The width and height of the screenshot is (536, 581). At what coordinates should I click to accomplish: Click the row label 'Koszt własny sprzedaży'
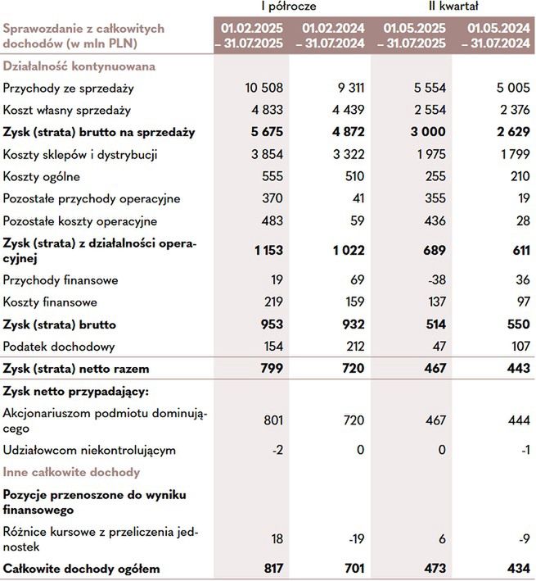coord(66,110)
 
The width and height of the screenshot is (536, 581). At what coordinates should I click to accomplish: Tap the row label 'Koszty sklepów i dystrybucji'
coord(80,154)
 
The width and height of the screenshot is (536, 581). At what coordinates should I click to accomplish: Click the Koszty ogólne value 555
coord(271,176)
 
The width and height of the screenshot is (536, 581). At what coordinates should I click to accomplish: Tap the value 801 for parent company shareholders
coord(271,420)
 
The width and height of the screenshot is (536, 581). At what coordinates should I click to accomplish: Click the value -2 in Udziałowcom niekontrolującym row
coord(276,450)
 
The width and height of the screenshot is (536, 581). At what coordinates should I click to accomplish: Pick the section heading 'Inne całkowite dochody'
coord(71,472)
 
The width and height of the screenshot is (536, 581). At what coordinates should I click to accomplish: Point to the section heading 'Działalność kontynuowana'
coord(79,66)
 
